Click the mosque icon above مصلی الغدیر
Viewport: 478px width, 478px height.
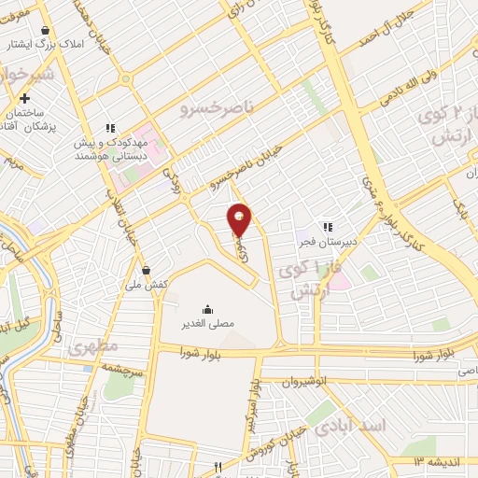click(206, 309)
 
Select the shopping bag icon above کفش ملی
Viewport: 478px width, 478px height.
click(146, 270)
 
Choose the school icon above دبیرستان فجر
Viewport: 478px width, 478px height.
click(326, 226)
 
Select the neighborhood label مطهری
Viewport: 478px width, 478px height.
click(93, 345)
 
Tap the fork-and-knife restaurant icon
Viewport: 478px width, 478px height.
click(217, 466)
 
